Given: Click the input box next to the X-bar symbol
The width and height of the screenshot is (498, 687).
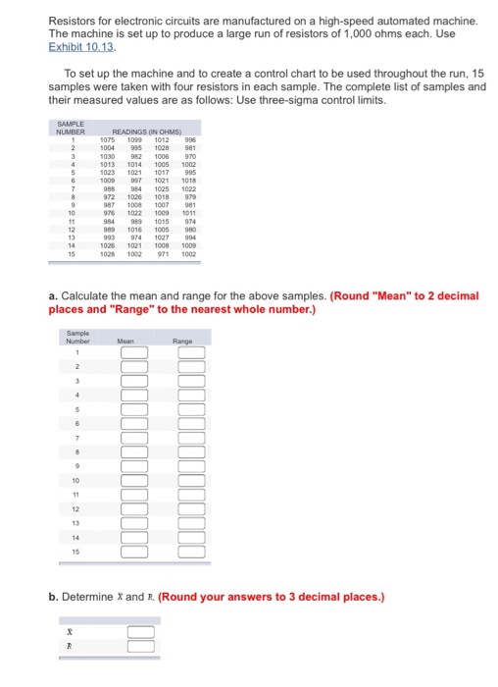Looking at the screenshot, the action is click(x=140, y=632).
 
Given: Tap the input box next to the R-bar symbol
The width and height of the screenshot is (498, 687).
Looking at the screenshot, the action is click(x=140, y=647).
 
